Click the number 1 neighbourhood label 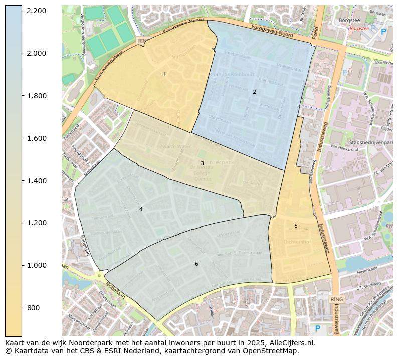pos(164,74)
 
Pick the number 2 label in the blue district pos(254,92)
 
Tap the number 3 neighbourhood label pos(202,163)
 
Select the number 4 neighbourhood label pos(141,209)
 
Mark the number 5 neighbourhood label pos(296,226)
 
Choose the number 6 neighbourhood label pos(196,264)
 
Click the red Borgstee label pos(359,29)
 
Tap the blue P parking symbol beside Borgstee pos(383,32)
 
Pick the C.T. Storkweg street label pos(366,288)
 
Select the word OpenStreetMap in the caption pos(271,351)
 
